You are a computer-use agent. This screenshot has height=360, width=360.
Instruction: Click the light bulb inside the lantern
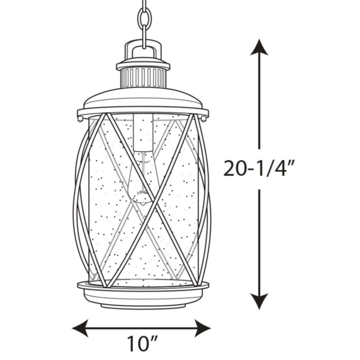pyautogui.click(x=141, y=180)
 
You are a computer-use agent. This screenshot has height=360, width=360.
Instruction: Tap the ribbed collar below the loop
pyautogui.click(x=143, y=78)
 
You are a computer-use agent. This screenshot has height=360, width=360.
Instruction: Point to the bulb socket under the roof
pyautogui.click(x=143, y=132)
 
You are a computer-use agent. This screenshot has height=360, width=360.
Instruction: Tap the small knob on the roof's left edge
pyautogui.click(x=80, y=118)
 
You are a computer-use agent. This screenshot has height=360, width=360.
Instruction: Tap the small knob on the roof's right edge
pyautogui.click(x=205, y=118)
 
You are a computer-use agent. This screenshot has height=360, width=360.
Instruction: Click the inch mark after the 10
pyautogui.click(x=155, y=341)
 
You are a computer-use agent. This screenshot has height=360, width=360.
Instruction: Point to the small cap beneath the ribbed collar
pyautogui.click(x=143, y=90)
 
